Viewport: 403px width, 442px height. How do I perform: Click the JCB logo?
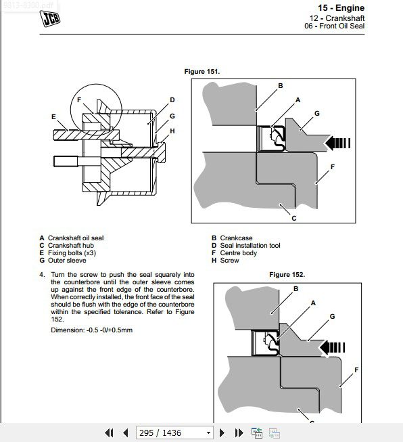coord(50,18)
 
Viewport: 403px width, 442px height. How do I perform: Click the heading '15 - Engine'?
coord(341,8)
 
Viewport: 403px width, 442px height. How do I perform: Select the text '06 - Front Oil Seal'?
coord(334,26)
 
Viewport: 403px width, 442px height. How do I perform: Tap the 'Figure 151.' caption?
coord(202,72)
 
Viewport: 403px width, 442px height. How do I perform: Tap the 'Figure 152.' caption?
coord(287,275)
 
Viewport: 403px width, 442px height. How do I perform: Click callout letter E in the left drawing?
coord(53,116)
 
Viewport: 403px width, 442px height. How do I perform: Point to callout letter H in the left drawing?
coord(172,131)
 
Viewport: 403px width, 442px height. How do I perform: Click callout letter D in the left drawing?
coord(172,100)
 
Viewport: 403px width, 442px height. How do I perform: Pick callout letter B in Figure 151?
coord(281,86)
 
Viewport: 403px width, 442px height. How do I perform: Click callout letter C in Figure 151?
coord(294,218)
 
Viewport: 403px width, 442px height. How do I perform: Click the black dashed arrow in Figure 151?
coord(337,143)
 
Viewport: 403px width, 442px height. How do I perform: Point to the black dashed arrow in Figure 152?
coord(332,347)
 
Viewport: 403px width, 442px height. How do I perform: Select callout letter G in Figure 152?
coord(332,317)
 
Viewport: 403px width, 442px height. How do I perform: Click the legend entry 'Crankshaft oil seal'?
coord(76,238)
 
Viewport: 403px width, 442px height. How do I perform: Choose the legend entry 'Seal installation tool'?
coord(250,246)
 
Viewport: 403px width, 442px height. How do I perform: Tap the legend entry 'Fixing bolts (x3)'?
coord(72,253)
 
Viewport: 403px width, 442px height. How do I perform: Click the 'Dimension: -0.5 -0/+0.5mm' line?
coord(91,330)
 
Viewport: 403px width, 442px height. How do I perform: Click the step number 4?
coord(42,275)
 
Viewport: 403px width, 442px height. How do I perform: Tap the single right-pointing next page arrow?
coord(222,433)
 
